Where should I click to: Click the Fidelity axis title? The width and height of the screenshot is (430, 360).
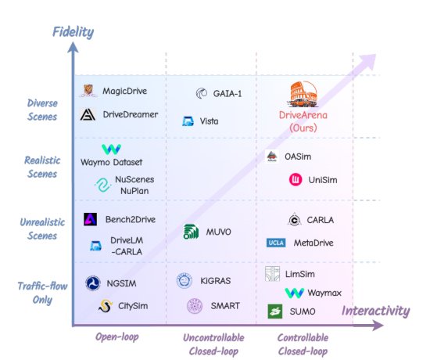coord(73,32)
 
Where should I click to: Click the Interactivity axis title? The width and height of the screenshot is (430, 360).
coord(376,311)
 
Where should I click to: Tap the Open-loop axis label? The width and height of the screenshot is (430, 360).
coord(117,337)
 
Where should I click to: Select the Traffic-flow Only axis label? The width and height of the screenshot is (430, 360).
coord(42,293)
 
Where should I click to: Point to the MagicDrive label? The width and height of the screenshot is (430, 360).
coord(125,91)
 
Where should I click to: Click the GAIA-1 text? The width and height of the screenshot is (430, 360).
coord(228,94)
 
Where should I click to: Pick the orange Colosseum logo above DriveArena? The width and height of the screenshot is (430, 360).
coord(303,94)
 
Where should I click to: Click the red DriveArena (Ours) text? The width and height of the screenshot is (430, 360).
coord(303,121)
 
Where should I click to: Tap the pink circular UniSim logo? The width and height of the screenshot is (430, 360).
coord(296,179)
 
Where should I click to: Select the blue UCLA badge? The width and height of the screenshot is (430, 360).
coord(276,243)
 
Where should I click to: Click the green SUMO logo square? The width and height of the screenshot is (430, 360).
coord(275,311)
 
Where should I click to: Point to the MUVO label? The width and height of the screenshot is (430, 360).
coord(219,232)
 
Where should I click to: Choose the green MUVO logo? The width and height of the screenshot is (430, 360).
coord(191,232)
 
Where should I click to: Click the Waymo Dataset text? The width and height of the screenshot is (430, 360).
coord(111,162)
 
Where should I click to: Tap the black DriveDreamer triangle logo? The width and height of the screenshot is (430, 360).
coord(88,114)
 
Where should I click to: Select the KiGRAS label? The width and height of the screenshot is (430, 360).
coord(216,281)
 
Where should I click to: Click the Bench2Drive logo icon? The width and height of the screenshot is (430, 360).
coord(90,219)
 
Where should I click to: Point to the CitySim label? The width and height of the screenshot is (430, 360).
coord(133,306)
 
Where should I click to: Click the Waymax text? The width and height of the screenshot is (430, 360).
coord(324,293)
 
